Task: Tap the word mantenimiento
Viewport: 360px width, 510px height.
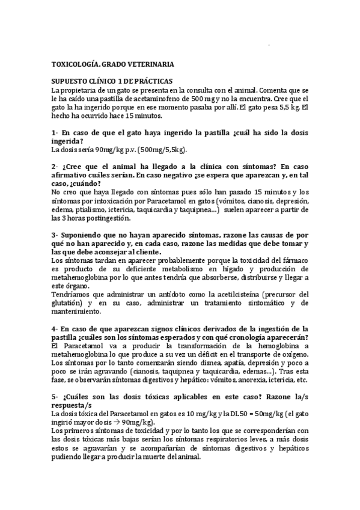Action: [75, 312]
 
